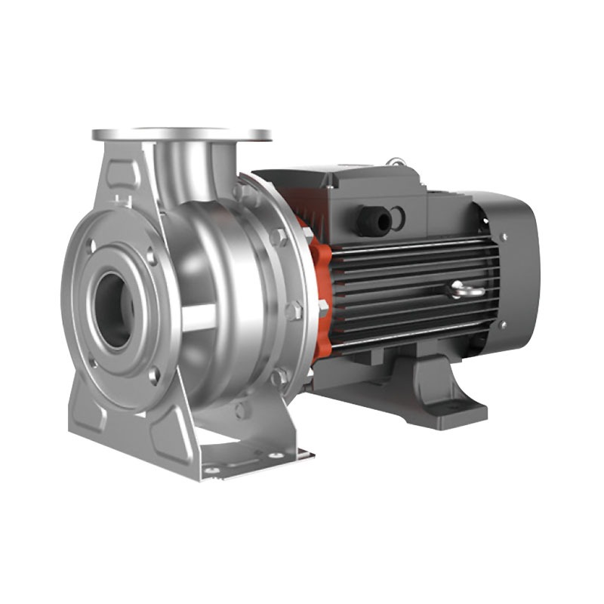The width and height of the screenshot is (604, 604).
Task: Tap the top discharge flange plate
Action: point(181,135)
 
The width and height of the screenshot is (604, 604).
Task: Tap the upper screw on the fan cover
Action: point(503,237)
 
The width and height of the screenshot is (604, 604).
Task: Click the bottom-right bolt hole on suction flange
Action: point(153,374)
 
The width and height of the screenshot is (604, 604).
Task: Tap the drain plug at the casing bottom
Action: point(241,411)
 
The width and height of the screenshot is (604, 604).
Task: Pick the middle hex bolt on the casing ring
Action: point(294,310)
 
